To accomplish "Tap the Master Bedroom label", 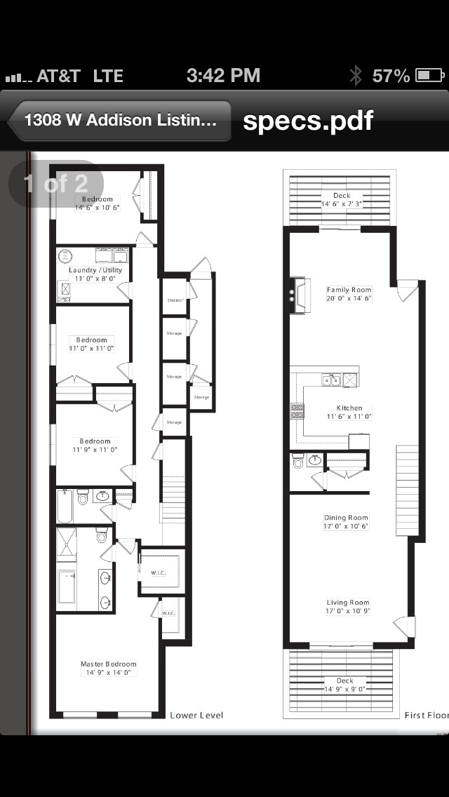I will click(108, 668).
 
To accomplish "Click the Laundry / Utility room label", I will click(95, 274).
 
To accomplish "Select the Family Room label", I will click(349, 294).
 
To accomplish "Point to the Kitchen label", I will click(349, 412).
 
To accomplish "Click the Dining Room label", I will click(347, 522).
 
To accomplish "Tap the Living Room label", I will click(347, 607).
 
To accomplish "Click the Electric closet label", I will click(174, 300).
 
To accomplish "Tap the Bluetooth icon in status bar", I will click(356, 76).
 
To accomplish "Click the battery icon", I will click(429, 76).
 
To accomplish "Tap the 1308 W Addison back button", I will click(119, 120).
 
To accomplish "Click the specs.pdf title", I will click(308, 121).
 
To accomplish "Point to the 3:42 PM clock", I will click(223, 76).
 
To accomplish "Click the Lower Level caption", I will click(196, 715).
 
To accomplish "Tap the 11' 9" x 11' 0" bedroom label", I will click(95, 446).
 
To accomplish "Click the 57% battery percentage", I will click(391, 76).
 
